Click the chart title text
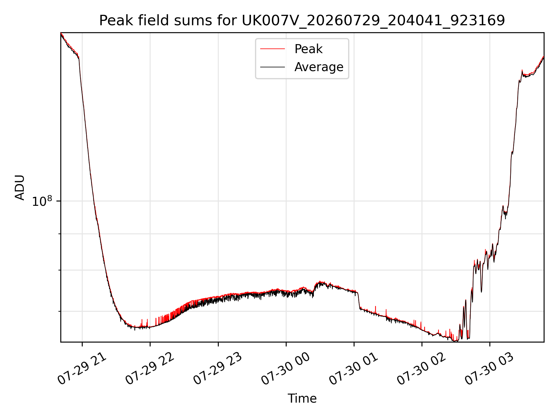pos(302,21)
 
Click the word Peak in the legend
pos(308,49)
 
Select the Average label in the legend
pos(319,67)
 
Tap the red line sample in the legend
pos(272,49)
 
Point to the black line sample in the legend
pos(272,67)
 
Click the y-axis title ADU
pos(20,187)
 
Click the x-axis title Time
pos(302,398)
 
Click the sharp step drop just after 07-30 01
pos(359,301)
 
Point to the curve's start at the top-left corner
pos(61,33)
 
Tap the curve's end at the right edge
pos(544,57)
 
